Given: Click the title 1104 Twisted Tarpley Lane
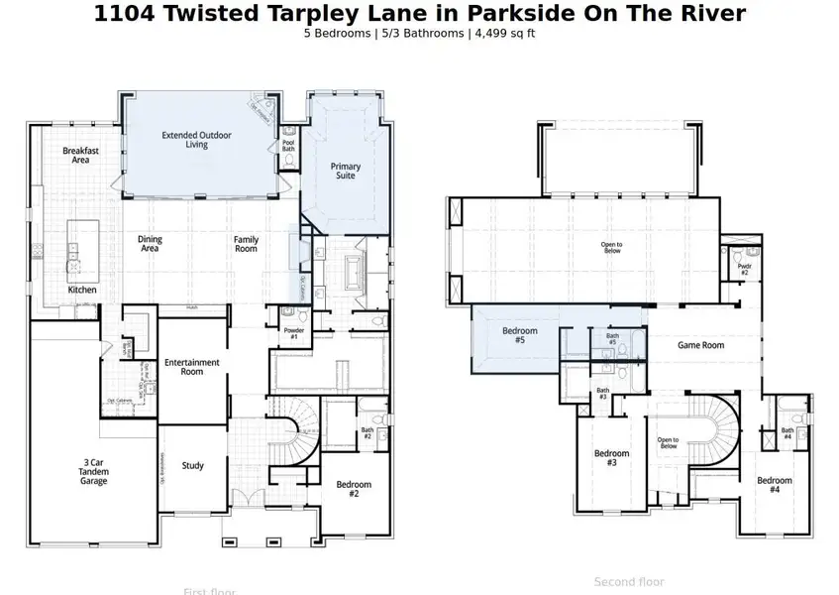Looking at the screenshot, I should [x=419, y=13].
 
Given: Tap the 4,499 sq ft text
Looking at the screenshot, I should [x=505, y=33].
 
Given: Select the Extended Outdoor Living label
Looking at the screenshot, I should [x=184, y=139].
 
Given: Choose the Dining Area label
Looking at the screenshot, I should [x=150, y=244].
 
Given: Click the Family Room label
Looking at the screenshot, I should [x=246, y=244].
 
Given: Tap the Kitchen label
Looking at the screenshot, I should [x=82, y=290].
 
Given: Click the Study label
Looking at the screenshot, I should [x=193, y=465].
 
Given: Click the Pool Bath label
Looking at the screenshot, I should [x=288, y=145].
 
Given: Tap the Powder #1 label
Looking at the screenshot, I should [x=292, y=334].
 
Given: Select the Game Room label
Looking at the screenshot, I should [x=700, y=345].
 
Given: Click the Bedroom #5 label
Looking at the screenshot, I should [x=519, y=335].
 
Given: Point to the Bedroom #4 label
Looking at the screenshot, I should [x=775, y=485].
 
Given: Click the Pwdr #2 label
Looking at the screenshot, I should [x=744, y=270].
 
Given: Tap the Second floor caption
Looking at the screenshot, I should [x=629, y=582].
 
